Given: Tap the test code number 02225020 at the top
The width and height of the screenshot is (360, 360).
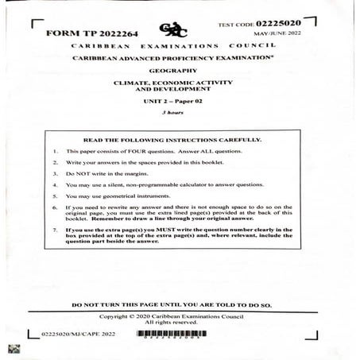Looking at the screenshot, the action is point(277,23).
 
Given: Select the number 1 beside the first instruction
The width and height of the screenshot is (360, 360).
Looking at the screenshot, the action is point(53,151).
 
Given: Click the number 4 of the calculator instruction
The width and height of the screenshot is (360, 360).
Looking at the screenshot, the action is point(53,184).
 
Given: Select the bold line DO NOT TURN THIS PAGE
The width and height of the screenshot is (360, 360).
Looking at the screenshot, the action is point(172,304).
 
